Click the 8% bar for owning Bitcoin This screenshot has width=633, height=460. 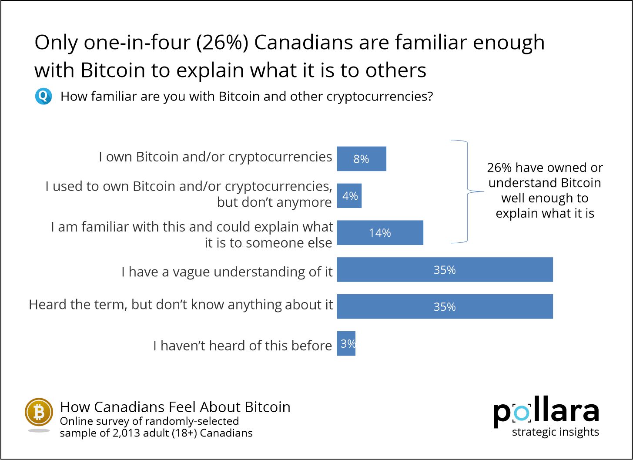click(362, 159)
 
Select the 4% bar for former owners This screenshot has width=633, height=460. click(349, 196)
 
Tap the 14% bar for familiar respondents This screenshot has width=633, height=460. click(380, 233)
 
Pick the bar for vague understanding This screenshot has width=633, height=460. click(445, 270)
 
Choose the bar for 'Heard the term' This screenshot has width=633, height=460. click(445, 307)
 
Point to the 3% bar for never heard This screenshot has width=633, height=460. click(346, 344)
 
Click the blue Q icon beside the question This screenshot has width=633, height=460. click(44, 96)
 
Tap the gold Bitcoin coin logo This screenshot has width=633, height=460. click(39, 412)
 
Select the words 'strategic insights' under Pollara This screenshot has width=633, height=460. click(556, 432)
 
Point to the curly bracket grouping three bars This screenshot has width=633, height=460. click(466, 191)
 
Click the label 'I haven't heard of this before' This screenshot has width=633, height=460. click(242, 346)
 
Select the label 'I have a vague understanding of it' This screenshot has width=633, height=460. click(227, 272)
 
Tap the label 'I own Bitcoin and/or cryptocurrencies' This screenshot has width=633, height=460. click(215, 157)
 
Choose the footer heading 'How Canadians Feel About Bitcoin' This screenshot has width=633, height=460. click(175, 407)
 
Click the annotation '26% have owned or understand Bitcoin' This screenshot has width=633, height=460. click(545, 175)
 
